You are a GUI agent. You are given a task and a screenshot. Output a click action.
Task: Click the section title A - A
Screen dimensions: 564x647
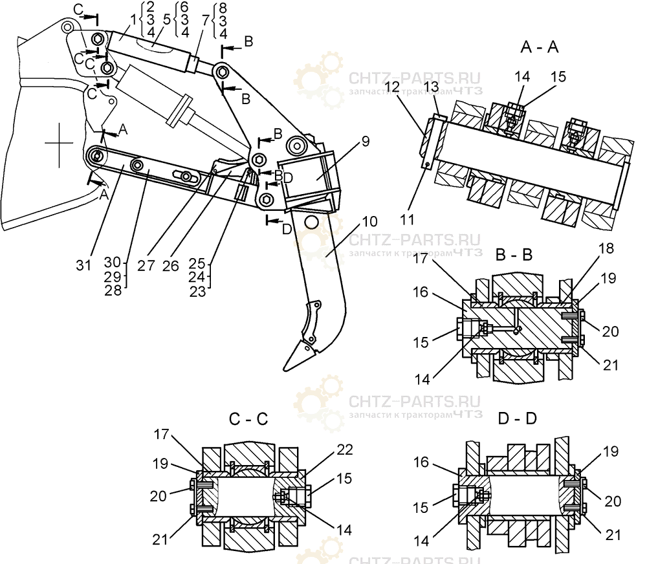pyautogui.click(x=539, y=47)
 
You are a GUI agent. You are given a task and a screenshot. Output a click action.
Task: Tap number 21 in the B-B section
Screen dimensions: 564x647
pyautogui.click(x=610, y=365)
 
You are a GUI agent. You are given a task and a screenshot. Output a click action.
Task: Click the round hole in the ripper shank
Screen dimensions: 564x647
pyautogui.click(x=311, y=222)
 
